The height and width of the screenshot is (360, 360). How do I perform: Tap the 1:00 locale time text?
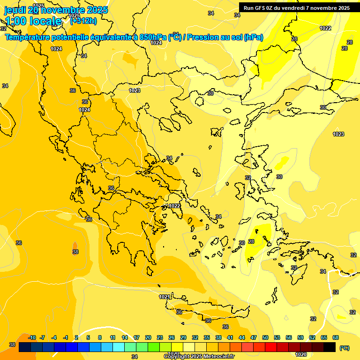33,21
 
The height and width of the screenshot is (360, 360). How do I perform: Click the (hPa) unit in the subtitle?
253,37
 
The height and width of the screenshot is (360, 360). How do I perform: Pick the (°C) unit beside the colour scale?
345,348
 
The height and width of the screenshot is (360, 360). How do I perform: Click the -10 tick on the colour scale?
32,337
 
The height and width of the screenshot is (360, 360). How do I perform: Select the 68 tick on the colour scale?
336,337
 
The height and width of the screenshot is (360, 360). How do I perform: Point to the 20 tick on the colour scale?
148,337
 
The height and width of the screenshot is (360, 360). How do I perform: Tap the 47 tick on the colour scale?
254,337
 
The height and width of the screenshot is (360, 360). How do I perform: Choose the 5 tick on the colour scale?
88,337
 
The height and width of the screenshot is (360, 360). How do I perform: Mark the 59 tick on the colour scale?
300,337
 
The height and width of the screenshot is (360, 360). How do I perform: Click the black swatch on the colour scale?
330,347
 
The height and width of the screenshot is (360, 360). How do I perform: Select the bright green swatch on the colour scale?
154,347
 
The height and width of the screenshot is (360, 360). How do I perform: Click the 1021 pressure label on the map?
164,297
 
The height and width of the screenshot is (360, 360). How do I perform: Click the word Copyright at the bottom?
177,357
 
